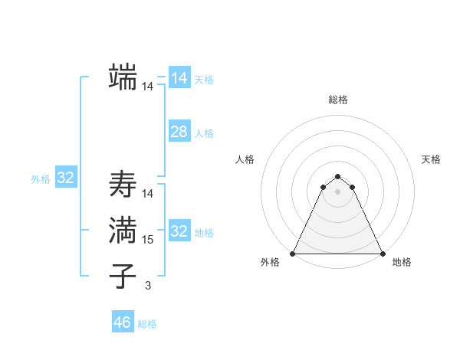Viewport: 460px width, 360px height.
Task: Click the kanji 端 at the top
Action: tap(123, 77)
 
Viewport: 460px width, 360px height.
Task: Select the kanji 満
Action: tap(123, 231)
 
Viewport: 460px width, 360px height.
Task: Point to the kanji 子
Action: tap(123, 277)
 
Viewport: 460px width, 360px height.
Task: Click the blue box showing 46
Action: tap(123, 322)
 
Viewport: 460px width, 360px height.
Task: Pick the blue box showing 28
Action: tap(179, 132)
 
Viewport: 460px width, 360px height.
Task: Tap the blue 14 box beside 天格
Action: tap(179, 78)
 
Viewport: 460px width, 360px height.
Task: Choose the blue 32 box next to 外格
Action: tap(66, 178)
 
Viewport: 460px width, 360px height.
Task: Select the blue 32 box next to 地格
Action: tap(179, 231)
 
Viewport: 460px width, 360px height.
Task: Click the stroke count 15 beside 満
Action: tap(148, 240)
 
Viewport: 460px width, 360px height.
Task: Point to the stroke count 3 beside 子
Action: tap(148, 286)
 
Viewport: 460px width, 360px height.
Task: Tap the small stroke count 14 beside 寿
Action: tap(148, 194)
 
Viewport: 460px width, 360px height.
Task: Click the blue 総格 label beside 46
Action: tap(147, 324)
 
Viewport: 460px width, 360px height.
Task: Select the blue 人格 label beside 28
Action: tap(204, 133)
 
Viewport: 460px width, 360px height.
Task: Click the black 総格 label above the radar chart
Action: tap(337, 100)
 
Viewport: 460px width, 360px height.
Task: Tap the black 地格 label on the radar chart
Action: tap(402, 263)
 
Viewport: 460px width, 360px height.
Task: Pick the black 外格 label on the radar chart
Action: tap(270, 263)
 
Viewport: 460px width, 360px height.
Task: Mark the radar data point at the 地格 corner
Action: tap(382, 253)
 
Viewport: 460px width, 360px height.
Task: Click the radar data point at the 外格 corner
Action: tap(293, 253)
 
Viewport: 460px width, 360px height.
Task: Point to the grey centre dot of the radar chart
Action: tap(337, 191)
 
